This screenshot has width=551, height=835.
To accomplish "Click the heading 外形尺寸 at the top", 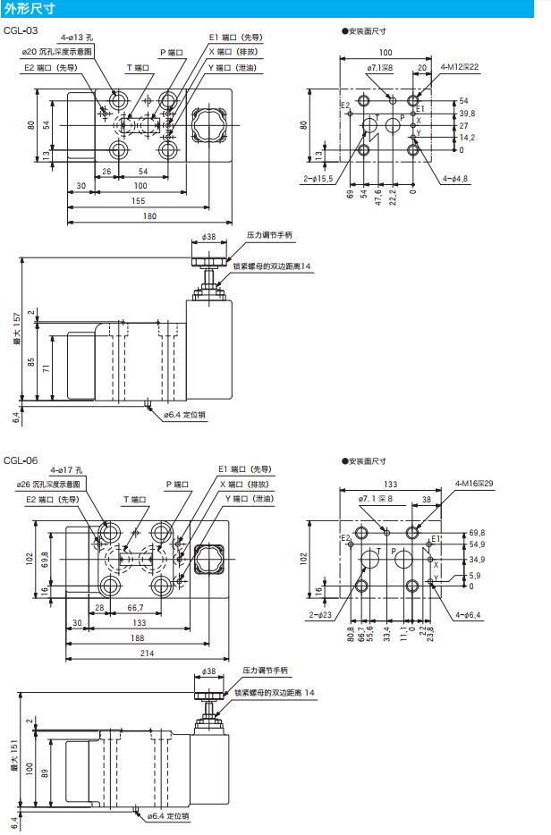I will point(30,10).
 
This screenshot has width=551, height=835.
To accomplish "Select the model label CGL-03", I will point(21,30).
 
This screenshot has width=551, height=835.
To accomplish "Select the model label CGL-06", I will point(21,460).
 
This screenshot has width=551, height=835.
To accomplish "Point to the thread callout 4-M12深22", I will point(459,66).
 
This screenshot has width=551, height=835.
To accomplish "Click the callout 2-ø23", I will point(318,615).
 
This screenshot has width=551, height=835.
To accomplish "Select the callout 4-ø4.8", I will point(455,179).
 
